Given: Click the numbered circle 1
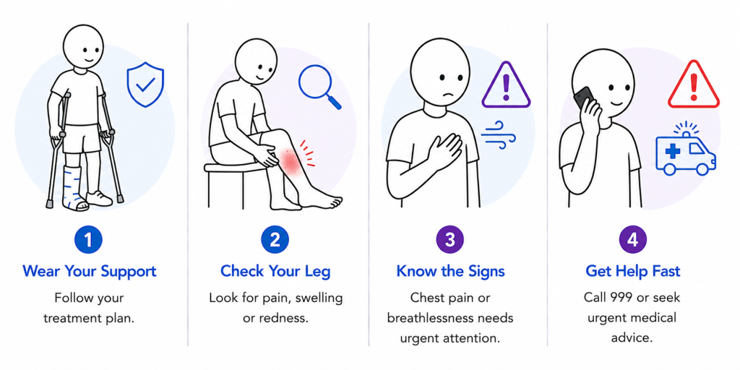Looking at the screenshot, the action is click(88, 240).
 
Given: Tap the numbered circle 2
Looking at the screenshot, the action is click(275, 240).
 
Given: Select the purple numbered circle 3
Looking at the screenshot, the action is click(450, 240).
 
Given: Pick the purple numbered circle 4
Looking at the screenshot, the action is click(633, 240).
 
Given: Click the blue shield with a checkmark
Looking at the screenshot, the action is click(145, 85).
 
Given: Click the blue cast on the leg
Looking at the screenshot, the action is click(75, 188).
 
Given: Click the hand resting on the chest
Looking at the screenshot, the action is click(442, 150).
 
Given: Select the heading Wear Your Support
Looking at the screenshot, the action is click(89, 272).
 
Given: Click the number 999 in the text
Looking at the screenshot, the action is click(623, 297).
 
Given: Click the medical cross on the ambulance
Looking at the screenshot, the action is click(673, 151).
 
